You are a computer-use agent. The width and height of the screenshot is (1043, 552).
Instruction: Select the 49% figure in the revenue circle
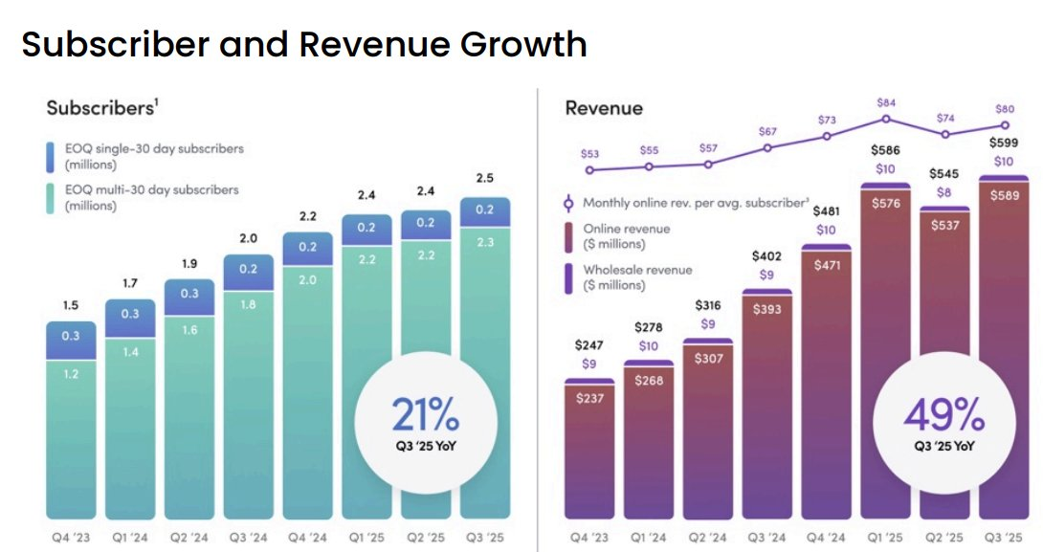tap(944, 414)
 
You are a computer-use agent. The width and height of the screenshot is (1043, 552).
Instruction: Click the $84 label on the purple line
tap(886, 103)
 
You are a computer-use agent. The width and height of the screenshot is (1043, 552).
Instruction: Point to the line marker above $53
tap(589, 170)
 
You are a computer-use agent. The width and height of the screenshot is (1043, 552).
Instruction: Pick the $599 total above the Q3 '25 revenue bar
tap(1004, 143)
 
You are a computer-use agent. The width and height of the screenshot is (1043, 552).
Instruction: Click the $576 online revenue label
tap(887, 203)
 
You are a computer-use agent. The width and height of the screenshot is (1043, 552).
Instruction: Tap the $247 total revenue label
tap(589, 345)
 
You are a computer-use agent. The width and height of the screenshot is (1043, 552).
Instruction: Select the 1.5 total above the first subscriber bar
tap(70, 305)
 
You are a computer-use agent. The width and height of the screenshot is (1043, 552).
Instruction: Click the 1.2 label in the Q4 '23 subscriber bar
tap(71, 374)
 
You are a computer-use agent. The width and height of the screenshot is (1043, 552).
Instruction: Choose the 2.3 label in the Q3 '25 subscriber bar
tap(484, 243)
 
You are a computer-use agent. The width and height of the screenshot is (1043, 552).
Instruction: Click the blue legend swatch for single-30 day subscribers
tap(53, 156)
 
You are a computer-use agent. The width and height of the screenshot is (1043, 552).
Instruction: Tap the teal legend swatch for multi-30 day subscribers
tap(53, 197)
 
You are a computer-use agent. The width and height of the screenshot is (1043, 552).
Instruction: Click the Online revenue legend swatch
tap(570, 235)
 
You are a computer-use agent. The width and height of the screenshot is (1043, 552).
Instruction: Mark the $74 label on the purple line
tap(945, 118)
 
